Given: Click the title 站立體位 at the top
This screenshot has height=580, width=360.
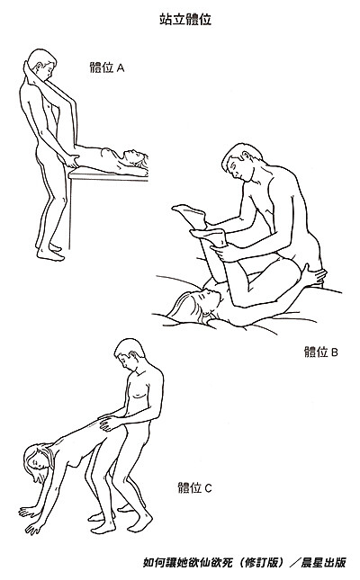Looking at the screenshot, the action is [185, 19].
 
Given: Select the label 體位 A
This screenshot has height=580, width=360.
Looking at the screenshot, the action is [107, 67].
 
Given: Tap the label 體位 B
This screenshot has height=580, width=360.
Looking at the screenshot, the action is [320, 352].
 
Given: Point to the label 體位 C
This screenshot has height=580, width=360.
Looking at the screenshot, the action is [194, 487].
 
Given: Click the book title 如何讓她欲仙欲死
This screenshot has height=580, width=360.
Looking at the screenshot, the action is [188, 562].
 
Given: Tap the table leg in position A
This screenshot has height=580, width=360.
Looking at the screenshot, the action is [70, 214].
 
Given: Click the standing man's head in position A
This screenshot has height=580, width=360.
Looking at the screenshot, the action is [42, 65].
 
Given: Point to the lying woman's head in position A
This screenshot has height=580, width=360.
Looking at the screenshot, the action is [135, 158].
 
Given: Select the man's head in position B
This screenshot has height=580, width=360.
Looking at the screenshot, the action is [240, 162].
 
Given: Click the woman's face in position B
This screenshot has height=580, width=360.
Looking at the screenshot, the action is [211, 298].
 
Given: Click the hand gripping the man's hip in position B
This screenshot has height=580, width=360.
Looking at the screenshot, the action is [313, 275].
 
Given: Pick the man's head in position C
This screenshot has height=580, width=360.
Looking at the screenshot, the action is [130, 354].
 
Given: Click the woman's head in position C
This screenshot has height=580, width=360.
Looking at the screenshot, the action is [38, 462].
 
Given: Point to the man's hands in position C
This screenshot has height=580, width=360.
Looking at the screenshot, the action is [109, 422].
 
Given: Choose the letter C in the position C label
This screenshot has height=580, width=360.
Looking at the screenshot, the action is [208, 488].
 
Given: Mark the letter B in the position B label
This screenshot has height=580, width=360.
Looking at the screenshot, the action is [334, 352].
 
